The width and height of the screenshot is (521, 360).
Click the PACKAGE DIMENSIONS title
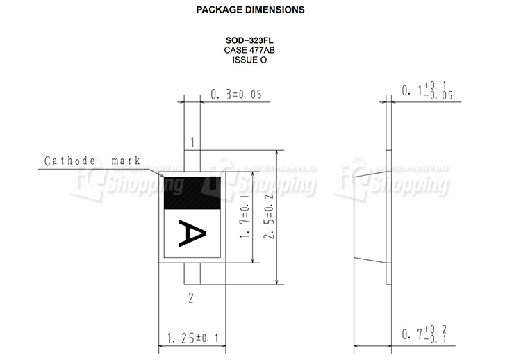[250, 10]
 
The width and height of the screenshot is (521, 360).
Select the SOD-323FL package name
[249, 40]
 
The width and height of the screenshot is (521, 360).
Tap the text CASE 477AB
[249, 50]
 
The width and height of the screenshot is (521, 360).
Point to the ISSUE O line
[249, 60]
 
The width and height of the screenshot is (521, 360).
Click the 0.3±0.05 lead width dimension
[236, 95]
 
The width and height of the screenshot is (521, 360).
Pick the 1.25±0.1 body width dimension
[192, 338]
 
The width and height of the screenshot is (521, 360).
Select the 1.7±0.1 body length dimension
[245, 217]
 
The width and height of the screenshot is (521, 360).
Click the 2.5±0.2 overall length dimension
[268, 217]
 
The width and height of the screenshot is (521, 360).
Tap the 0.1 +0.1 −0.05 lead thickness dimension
[427, 90]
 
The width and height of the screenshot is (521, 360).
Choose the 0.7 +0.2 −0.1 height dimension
[424, 334]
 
